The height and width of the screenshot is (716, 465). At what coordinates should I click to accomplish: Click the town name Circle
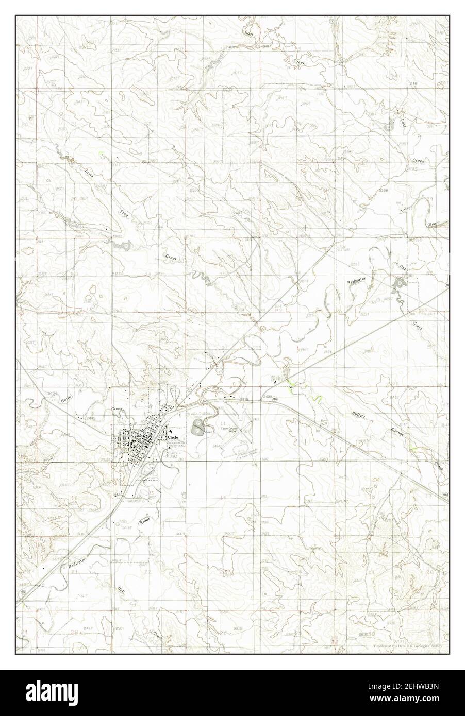(174, 437)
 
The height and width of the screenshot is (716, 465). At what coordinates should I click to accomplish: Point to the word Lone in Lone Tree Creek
(90, 172)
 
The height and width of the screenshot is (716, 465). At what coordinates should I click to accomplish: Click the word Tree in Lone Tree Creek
(123, 213)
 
